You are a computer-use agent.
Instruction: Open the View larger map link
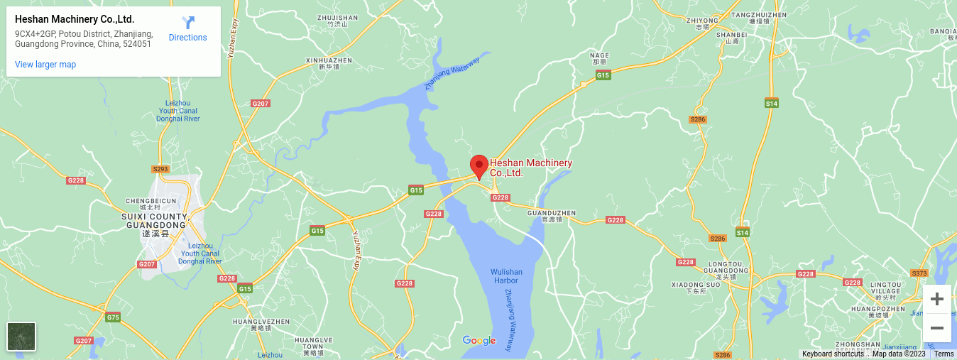[45, 65]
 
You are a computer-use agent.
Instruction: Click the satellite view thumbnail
[21, 337]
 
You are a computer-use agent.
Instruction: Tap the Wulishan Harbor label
[506, 276]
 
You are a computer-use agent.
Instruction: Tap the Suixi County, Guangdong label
[155, 221]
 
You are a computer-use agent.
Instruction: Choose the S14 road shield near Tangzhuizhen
[772, 104]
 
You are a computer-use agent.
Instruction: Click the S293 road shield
[160, 169]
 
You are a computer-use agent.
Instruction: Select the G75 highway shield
[113, 317]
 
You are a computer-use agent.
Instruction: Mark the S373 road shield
[919, 273]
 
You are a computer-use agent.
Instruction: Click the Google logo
[479, 341]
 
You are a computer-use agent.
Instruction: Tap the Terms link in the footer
[944, 354]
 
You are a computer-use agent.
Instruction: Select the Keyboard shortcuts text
[833, 354]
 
